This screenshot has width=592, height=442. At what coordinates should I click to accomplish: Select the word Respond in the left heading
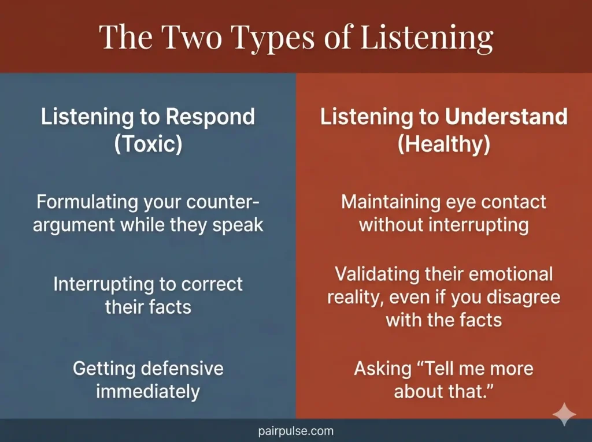(210, 117)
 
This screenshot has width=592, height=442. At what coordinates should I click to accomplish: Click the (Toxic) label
(148, 144)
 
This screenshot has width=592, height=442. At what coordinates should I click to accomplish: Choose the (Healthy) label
(443, 144)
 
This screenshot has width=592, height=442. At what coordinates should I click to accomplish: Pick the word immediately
(148, 391)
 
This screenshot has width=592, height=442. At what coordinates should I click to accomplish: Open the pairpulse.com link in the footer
(295, 431)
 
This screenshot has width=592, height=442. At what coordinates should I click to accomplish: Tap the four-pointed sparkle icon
(564, 415)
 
